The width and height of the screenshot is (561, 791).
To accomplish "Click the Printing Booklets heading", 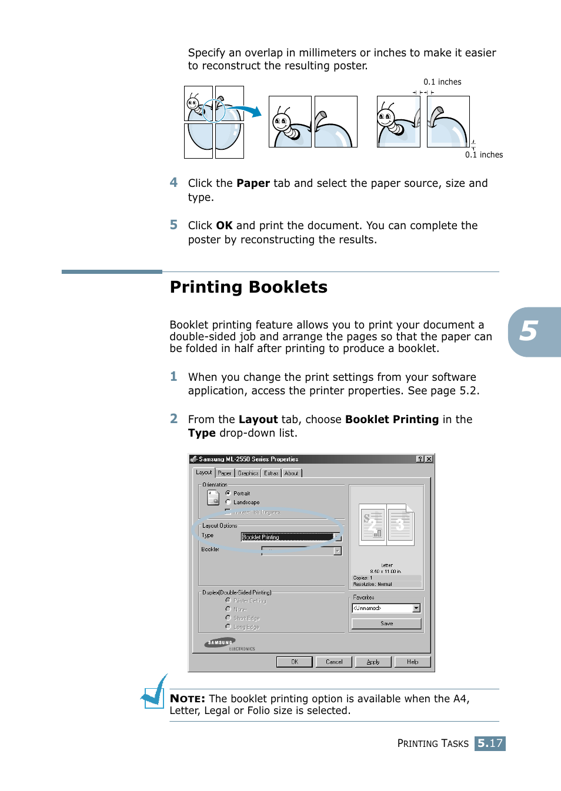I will pos(248,287).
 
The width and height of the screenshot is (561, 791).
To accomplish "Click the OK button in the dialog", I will pos(294,662).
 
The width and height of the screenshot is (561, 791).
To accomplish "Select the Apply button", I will pos(373,662).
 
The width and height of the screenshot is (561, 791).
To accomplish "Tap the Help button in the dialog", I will pos(412,662).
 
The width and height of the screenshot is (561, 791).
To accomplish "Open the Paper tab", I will pos(225,473).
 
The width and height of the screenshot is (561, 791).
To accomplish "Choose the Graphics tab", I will pos(248,473).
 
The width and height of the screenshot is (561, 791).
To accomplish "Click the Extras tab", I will pos(271,473).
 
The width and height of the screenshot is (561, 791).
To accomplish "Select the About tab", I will pos(292,473).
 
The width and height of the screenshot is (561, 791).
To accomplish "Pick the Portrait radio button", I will pos(228,493).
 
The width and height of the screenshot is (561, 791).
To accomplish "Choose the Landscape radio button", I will pos(228,502).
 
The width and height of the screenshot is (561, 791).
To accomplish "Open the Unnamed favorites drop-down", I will pos(386,608).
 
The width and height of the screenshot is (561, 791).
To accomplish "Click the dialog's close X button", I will pos(429,459).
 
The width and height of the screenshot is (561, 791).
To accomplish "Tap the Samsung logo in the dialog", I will pos(220,643).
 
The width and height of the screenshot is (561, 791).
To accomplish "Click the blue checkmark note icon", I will pos(155,692).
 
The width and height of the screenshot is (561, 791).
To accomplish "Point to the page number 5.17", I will pos(490,743).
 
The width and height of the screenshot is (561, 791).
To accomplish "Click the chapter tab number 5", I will pos(529,331).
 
